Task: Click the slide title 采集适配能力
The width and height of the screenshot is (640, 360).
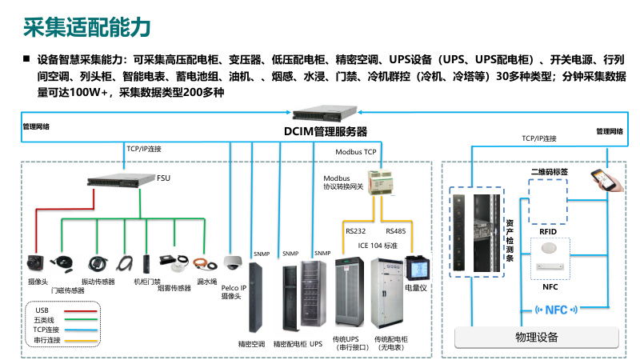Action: click(x=86, y=27)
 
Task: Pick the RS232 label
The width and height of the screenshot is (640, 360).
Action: click(x=356, y=231)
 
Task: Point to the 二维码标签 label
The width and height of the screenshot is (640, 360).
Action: click(x=549, y=171)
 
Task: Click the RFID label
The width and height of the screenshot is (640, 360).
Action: click(x=548, y=231)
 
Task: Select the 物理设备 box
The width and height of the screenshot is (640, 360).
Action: click(x=537, y=337)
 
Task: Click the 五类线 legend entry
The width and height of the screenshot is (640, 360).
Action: click(x=44, y=319)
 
